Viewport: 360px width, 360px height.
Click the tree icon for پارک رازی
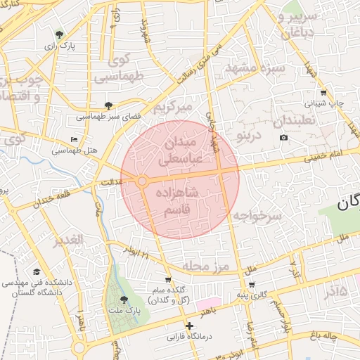coord(59,34)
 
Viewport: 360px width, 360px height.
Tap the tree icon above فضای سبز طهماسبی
coord(108,105)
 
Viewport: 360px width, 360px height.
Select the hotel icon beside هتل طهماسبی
coord(75,139)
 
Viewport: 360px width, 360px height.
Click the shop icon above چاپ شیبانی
coord(323,93)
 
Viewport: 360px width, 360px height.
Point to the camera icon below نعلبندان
coord(283,137)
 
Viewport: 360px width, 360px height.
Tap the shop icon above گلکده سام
coord(167,280)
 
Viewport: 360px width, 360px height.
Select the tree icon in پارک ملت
coord(124,300)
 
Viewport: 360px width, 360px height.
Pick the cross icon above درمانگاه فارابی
coord(188,326)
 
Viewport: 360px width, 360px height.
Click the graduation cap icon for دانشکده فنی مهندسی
coord(36,272)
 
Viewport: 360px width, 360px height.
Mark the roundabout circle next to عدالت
coord(142,181)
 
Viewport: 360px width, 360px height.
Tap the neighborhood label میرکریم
coord(173,108)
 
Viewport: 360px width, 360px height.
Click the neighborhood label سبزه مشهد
coord(255,69)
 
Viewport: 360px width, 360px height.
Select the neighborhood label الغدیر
coord(68,240)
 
